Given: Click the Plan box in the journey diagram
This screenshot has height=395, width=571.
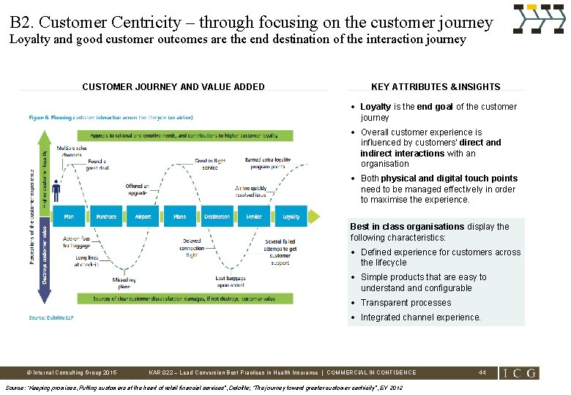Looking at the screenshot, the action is click(x=69, y=217).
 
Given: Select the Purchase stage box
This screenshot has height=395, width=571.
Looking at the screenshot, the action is click(x=106, y=217).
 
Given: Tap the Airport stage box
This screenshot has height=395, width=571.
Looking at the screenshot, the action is click(x=143, y=217).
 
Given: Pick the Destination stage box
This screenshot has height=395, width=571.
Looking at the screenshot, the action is click(x=217, y=217).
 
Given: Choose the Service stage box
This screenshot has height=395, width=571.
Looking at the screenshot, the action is click(x=254, y=217).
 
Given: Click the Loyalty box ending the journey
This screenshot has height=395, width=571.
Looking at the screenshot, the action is click(x=291, y=217).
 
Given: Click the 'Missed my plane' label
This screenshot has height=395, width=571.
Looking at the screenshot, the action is click(x=124, y=283).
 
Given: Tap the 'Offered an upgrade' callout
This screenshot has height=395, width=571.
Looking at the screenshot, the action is click(x=137, y=189).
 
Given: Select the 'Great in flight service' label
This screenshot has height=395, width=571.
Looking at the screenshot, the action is click(x=210, y=163).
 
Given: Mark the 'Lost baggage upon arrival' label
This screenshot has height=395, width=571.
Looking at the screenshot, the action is click(x=229, y=281).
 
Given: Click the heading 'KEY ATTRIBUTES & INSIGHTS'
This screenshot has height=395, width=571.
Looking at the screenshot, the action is click(x=436, y=87).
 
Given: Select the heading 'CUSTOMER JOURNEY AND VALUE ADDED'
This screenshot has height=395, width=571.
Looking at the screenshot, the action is click(x=173, y=87).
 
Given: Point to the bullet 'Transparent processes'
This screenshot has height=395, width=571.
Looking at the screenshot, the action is click(x=406, y=303).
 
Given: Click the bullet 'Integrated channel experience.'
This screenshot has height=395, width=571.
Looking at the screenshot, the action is click(x=421, y=317).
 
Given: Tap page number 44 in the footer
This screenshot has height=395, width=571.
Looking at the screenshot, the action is click(x=482, y=372).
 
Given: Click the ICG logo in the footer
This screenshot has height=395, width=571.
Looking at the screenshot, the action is click(x=519, y=373).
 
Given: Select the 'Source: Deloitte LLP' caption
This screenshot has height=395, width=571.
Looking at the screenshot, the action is click(x=51, y=317).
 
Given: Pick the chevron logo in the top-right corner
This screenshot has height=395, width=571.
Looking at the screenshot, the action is click(x=539, y=19).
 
